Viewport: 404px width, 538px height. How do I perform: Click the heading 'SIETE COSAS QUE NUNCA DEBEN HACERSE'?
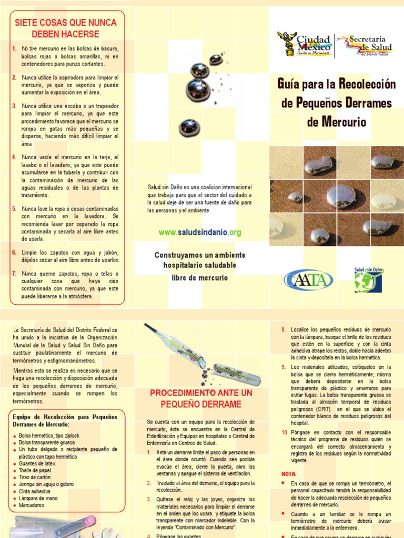[65, 28]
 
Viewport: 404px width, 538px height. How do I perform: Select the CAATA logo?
[308, 279]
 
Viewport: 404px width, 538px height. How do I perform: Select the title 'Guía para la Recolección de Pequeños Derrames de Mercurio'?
[336, 103]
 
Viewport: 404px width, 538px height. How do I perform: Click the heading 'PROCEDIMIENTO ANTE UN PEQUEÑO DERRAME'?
[201, 398]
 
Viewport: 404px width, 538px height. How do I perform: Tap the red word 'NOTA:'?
[289, 473]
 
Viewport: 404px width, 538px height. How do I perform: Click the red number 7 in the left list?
[14, 274]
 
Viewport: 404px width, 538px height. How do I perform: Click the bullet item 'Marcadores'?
[31, 505]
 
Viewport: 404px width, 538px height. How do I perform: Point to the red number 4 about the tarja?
[14, 157]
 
